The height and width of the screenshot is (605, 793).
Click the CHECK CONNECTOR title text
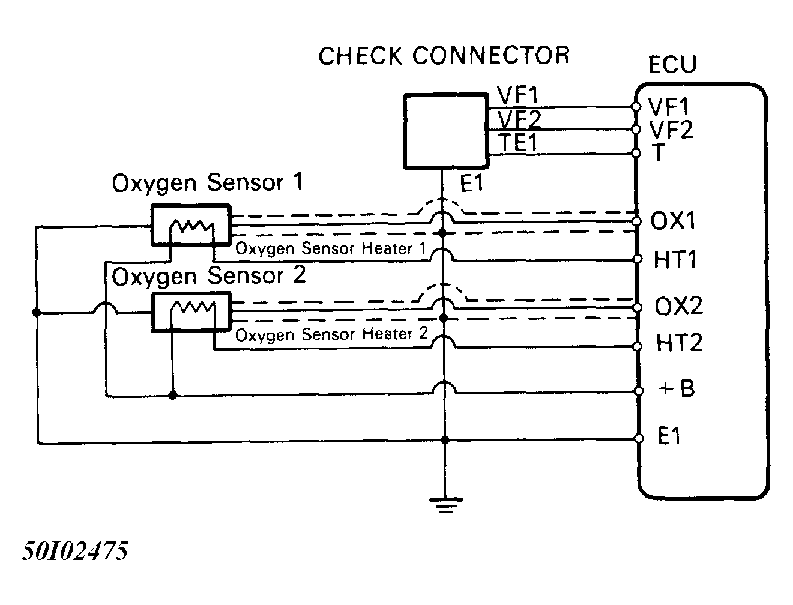[444, 56]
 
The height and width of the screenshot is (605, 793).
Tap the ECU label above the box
[672, 65]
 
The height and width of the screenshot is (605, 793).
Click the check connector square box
[446, 131]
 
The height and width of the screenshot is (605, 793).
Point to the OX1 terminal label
[673, 220]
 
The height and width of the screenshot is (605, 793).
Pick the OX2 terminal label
[679, 306]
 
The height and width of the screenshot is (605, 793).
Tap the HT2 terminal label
[679, 342]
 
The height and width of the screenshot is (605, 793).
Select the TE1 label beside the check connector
[517, 142]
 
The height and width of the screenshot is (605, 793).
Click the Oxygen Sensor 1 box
[191, 225]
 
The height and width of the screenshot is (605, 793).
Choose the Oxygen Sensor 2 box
[191, 312]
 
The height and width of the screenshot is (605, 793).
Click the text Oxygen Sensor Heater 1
[331, 248]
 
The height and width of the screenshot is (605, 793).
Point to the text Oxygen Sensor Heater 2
[331, 334]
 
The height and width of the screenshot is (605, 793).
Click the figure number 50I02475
[75, 551]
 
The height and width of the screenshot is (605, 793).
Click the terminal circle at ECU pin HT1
[638, 259]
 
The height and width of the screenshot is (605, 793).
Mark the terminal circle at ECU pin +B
[639, 391]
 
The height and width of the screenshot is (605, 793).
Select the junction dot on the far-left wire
[37, 312]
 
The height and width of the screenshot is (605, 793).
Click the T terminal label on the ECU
[659, 152]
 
